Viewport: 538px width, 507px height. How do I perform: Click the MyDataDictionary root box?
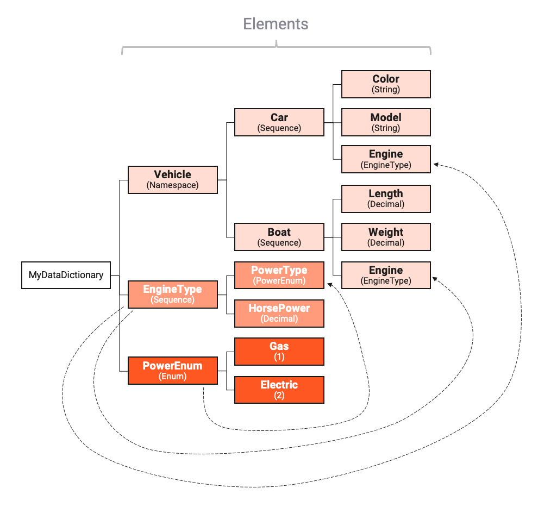tap(66, 275)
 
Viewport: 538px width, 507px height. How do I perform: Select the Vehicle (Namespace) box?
tap(172, 180)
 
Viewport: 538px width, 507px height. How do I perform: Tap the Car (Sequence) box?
tap(279, 122)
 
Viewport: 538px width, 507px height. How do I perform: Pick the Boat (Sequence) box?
tap(279, 237)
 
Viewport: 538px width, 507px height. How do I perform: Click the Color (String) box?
tap(386, 84)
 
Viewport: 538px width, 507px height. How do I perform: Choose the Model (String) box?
tap(386, 122)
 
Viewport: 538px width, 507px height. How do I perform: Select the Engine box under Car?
tap(386, 159)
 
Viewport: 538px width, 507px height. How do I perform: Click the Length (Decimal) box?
tap(386, 198)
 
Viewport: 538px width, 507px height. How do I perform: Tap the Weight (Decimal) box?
tap(386, 237)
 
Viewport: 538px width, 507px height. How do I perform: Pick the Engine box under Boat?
tap(386, 275)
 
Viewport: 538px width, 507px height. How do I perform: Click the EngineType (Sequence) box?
tap(172, 294)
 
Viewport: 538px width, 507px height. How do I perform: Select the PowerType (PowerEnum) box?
tap(279, 275)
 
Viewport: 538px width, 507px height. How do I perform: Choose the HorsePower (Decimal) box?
tap(279, 314)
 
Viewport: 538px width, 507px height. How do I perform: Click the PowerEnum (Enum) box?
tap(172, 371)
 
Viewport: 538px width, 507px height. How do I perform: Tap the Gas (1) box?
tap(279, 352)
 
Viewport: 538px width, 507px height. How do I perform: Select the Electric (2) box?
tap(279, 390)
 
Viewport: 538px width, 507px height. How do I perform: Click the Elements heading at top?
tap(276, 24)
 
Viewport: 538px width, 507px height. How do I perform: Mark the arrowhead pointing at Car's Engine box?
tap(436, 164)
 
